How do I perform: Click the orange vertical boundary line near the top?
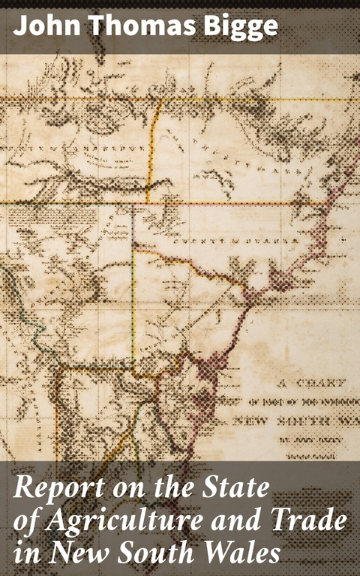coord(153,150)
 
